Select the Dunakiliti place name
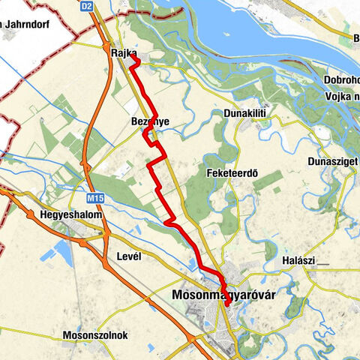tap(244, 113)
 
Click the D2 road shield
tap(88, 6)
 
